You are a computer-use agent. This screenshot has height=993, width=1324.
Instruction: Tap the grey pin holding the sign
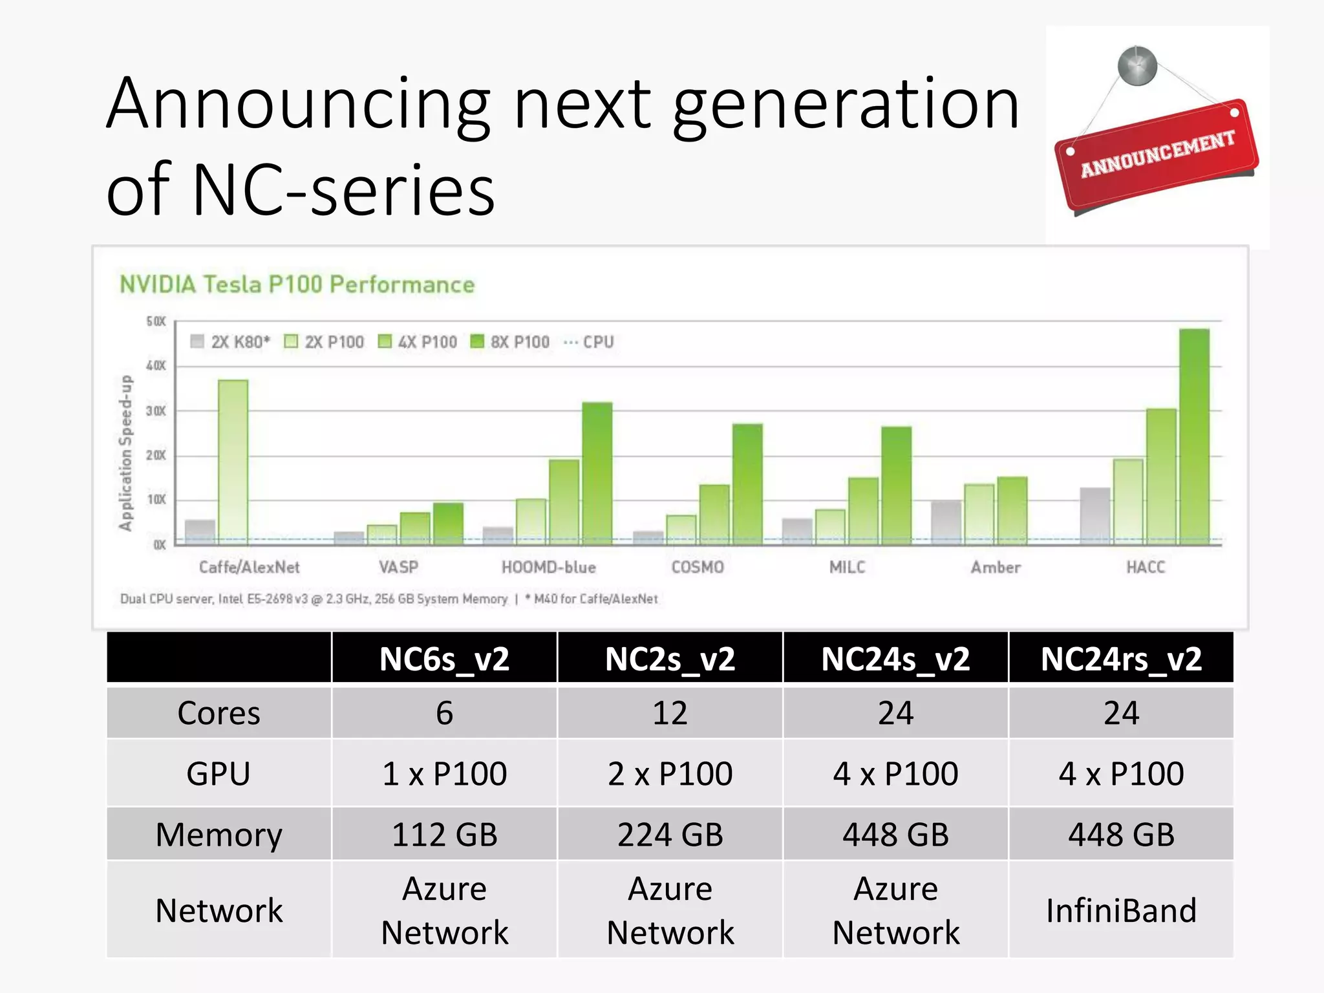coord(1137,65)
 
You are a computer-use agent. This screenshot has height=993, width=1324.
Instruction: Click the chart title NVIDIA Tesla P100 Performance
coord(297,284)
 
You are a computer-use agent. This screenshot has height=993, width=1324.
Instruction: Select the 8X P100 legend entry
coord(511,341)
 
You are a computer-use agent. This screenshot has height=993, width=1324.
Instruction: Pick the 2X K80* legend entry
coord(231,341)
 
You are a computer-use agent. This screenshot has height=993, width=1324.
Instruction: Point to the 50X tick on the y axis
coord(156,321)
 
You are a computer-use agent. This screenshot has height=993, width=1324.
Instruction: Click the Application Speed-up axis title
coord(125,453)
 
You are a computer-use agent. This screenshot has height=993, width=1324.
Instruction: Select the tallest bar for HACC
coord(1193,436)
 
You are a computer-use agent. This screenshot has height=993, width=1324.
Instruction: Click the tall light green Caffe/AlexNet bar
coord(233,462)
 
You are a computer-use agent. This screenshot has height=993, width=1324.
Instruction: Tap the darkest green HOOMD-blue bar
coord(597,473)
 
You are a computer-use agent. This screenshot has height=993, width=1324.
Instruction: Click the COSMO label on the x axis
coord(697,567)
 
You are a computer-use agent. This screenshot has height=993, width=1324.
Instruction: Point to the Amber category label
coord(996,567)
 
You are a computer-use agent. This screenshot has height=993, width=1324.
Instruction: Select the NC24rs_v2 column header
coord(1120,659)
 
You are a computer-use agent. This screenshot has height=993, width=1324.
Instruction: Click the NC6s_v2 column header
coord(444,659)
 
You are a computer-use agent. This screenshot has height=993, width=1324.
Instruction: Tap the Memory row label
coord(219,834)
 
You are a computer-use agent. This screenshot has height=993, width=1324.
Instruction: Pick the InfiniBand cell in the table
coord(1120,910)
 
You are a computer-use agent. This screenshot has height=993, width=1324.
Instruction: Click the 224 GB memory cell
coord(670,834)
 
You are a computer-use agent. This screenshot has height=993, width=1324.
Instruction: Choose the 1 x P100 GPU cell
coord(444,773)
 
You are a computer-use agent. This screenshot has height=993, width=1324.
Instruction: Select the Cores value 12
coord(670,713)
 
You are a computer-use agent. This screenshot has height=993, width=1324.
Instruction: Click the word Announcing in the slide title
coord(297,105)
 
